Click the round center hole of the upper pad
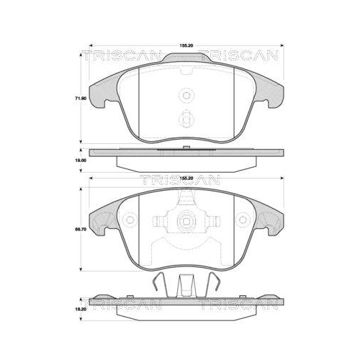click(x=186, y=94)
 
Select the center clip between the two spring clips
click(x=186, y=285)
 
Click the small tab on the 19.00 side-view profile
click(x=186, y=148)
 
